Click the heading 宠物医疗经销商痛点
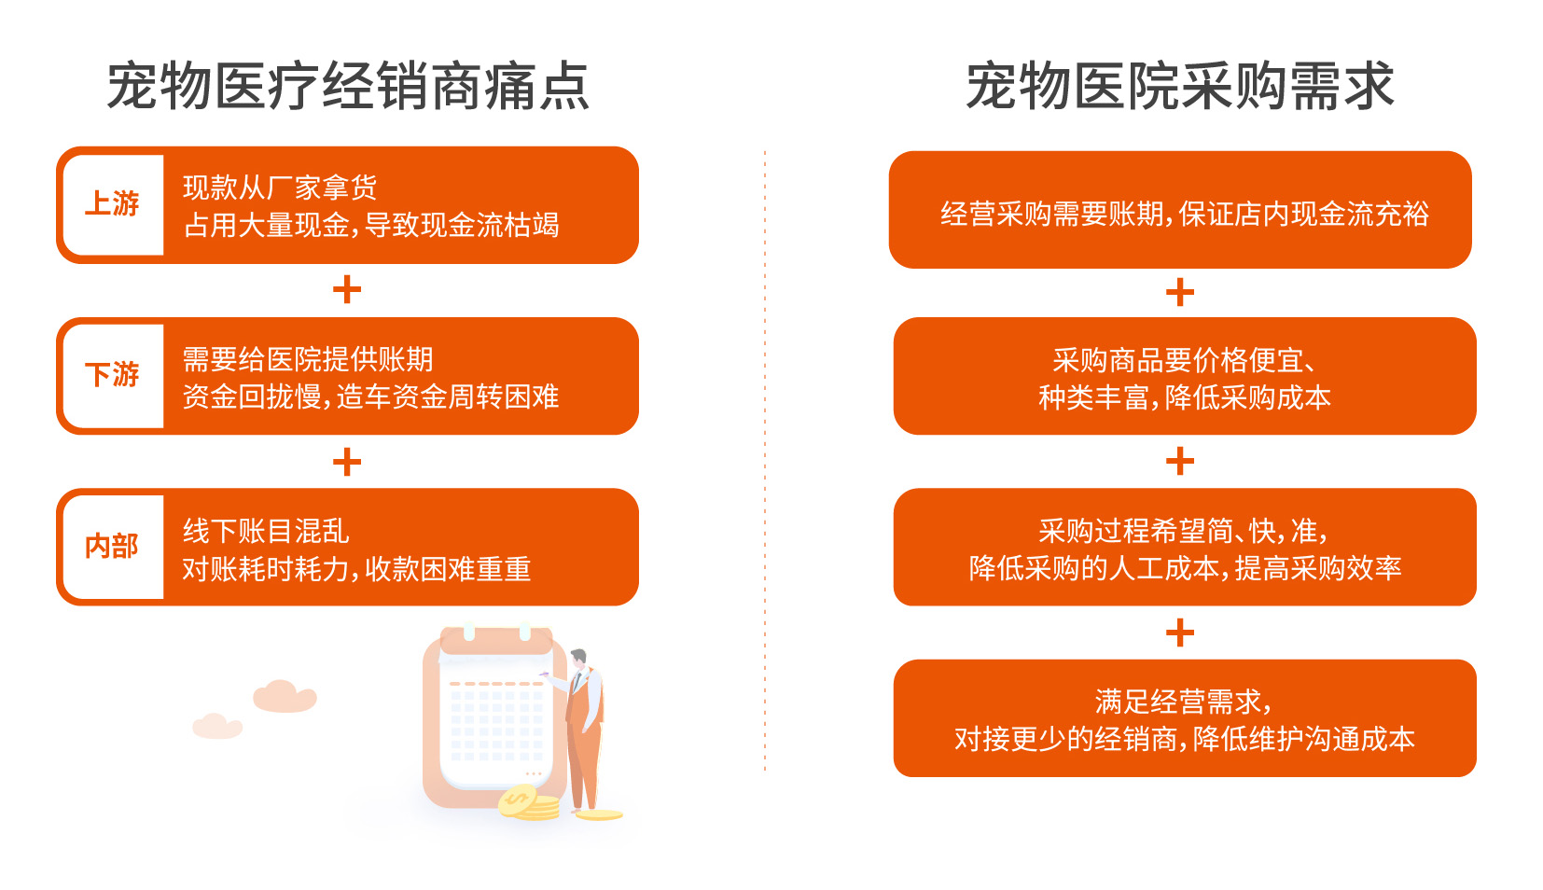coord(348,86)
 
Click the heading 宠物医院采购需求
coord(1180,86)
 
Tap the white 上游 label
coord(113,204)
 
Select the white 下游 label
coord(113,375)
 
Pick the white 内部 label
coord(113,547)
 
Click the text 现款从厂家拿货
coord(280,188)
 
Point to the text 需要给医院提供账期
coord(307,359)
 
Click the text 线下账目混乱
coord(266,531)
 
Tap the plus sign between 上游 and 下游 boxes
coord(347,289)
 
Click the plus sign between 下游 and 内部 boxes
coord(347,462)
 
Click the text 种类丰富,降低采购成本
coord(1185,397)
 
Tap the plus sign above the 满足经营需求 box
coord(1180,633)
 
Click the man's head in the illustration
coord(578,658)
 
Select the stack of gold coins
coord(528,804)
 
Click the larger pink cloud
coord(285,697)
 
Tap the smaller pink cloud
coord(217,726)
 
